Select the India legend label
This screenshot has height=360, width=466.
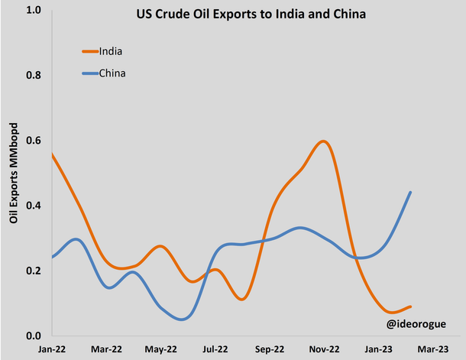112,51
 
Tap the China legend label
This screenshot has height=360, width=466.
112,73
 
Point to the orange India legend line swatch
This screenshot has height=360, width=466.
89,51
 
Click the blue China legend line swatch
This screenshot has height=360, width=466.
89,73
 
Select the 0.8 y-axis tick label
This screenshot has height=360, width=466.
33,76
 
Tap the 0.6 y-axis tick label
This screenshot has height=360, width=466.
33,141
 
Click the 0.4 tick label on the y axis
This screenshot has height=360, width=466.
33,206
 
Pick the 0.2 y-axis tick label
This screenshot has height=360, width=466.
33,271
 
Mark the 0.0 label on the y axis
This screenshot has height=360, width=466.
33,336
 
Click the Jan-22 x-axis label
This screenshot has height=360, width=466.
52,349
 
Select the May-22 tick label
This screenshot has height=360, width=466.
160,349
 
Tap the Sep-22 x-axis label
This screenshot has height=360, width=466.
270,349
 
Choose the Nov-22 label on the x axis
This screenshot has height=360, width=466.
324,349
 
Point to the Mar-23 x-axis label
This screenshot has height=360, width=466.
432,349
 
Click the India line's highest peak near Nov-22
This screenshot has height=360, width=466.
324,141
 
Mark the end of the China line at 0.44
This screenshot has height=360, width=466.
411,193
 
